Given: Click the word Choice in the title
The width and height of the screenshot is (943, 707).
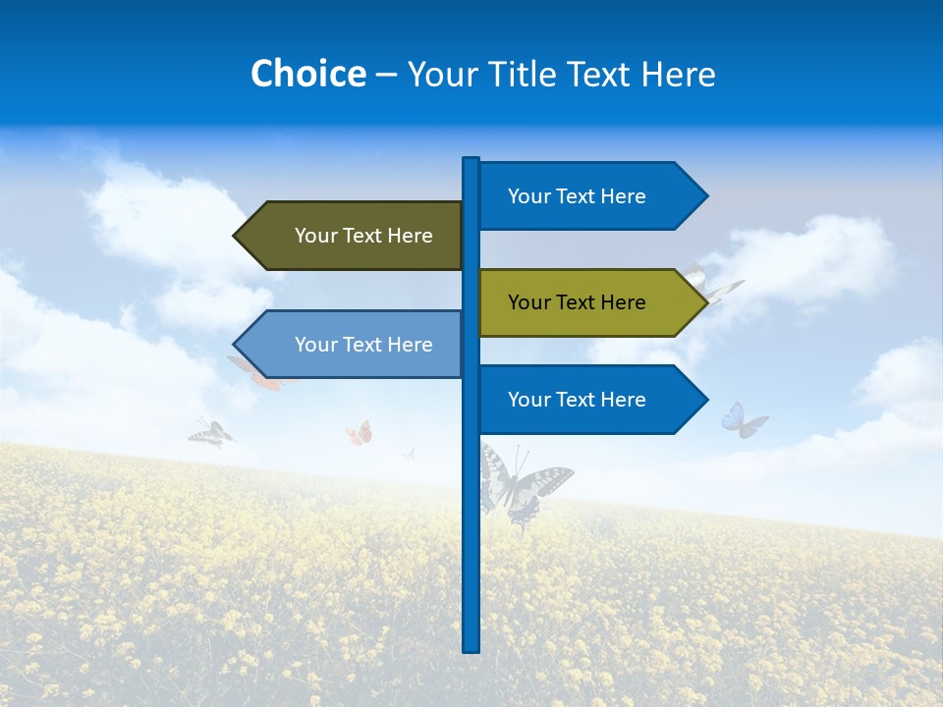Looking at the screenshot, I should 307,74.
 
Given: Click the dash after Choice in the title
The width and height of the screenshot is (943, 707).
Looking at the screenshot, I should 386,75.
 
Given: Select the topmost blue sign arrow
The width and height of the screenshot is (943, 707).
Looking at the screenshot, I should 589,196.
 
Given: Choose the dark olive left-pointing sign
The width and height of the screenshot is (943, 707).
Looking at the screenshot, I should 354,236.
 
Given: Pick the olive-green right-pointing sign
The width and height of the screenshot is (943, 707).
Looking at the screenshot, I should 589,302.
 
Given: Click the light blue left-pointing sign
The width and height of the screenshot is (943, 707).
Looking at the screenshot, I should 354,345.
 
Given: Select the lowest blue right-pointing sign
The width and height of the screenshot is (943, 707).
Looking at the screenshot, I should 589,400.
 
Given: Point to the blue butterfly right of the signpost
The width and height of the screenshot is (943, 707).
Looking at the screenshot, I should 744,420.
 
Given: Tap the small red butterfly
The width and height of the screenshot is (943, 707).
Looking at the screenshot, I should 360,433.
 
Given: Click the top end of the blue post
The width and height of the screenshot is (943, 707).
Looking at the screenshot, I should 471,160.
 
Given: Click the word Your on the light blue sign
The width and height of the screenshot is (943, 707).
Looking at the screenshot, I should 316,345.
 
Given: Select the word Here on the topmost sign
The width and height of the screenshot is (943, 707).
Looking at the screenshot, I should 623,196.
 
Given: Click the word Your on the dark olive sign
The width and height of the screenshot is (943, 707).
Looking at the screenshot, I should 316,236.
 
